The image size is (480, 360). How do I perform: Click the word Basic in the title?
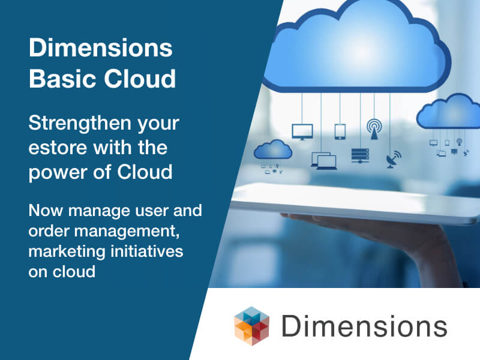[x=62, y=79]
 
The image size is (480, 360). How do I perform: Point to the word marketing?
[x=67, y=252]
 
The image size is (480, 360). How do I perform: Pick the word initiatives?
[x=147, y=251]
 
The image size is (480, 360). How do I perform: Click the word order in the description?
[x=49, y=231]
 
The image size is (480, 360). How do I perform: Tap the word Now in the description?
[x=46, y=211]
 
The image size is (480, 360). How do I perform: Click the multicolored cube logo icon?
[x=251, y=326]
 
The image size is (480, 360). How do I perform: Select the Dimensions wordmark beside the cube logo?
[x=364, y=326]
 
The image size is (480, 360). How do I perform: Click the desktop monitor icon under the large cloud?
[x=302, y=132]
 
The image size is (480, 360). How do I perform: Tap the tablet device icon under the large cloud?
[x=340, y=131]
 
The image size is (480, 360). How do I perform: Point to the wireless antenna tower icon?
[x=374, y=129]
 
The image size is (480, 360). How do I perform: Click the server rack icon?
[x=360, y=156]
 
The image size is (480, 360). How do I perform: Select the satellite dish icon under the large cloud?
[x=394, y=159]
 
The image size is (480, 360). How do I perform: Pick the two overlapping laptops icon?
[x=324, y=161]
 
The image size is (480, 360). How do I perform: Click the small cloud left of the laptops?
[x=273, y=149]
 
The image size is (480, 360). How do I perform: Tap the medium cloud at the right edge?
[x=448, y=112]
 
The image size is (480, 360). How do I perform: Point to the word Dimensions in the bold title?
[x=101, y=48]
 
